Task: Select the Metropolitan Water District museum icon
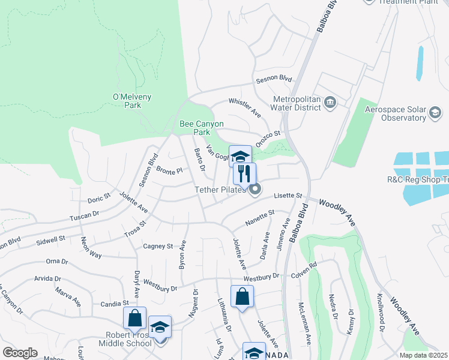pos(330,103)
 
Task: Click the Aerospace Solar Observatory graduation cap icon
pos(435,112)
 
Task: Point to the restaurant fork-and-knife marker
pos(244,174)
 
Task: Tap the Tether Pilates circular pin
pos(255,190)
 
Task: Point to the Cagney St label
pos(158,246)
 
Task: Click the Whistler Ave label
pos(244,107)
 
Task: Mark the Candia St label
pos(114,304)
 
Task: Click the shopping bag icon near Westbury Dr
pos(242,297)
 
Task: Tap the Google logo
pos(20,353)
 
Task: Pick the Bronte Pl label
pos(169,172)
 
